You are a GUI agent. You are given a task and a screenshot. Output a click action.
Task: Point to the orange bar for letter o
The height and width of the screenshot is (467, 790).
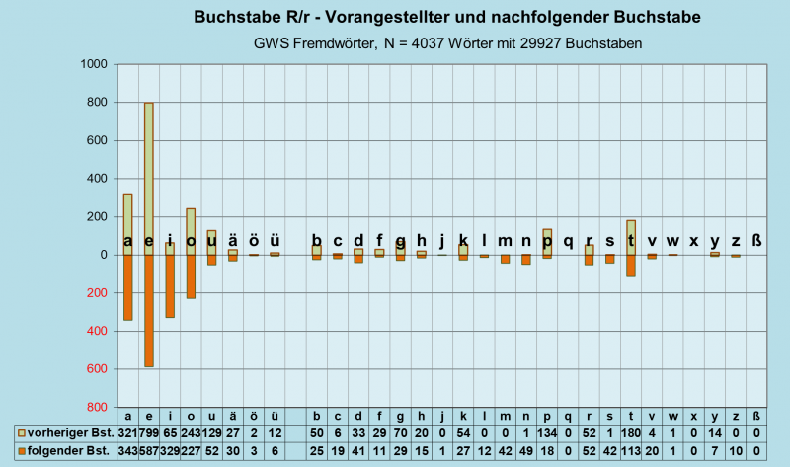191,281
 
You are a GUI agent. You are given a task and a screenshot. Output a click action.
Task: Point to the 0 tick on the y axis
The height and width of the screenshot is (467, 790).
103,256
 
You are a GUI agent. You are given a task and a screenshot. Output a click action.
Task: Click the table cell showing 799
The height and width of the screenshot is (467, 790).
149,433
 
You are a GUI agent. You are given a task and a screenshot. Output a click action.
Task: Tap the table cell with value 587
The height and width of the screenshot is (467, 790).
149,451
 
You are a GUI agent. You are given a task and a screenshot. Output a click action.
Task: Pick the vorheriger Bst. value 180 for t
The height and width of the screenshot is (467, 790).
631,433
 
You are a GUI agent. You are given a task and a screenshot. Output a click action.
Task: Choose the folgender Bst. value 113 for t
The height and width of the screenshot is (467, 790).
631,451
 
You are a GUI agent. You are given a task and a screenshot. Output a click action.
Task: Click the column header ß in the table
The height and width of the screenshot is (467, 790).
757,417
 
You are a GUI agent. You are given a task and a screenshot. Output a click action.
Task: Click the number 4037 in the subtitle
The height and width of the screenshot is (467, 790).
433,43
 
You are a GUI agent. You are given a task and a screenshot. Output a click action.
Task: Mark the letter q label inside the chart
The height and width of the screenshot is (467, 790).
568,240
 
